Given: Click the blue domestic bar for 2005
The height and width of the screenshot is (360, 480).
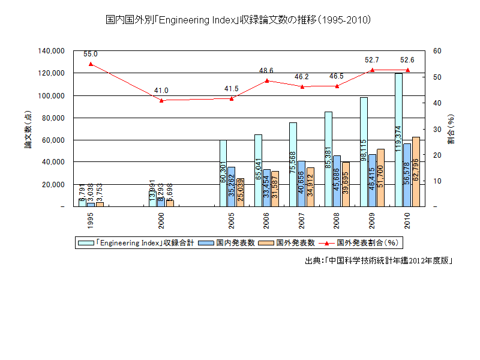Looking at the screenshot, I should (x=231, y=187).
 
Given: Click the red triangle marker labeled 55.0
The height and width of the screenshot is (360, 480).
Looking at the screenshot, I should (x=91, y=64).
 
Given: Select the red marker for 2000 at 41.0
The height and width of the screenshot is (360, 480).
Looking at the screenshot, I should (x=161, y=100).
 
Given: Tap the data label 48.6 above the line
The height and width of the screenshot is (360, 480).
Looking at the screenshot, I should (x=266, y=71).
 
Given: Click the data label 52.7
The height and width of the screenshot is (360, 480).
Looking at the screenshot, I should (x=372, y=60).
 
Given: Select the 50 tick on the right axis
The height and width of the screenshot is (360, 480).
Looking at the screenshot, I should (x=436, y=77).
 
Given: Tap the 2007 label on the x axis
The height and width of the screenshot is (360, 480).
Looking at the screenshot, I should (x=302, y=221).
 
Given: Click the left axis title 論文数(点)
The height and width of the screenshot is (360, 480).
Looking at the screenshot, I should (x=28, y=129).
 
